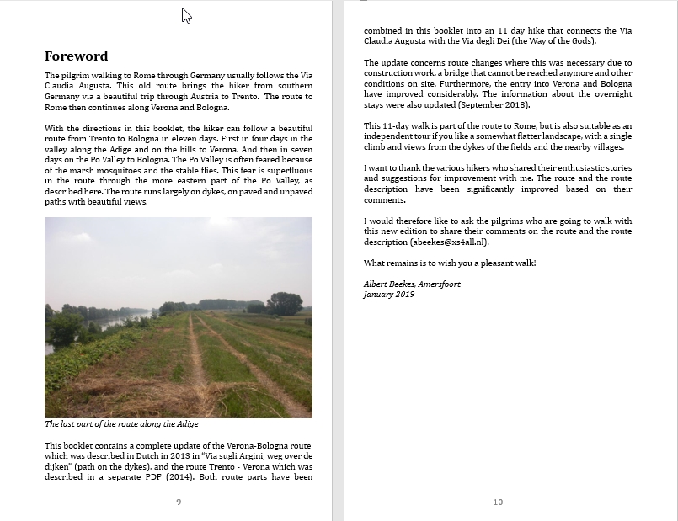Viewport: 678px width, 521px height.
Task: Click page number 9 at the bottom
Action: coord(179,502)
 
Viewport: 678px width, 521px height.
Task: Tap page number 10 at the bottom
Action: coord(498,502)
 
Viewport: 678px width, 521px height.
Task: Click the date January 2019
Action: coord(389,295)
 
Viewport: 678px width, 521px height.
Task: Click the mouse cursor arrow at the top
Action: coord(186,14)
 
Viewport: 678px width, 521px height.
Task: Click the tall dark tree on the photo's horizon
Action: coord(284,303)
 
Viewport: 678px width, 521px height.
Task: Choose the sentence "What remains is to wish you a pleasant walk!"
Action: coord(450,263)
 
